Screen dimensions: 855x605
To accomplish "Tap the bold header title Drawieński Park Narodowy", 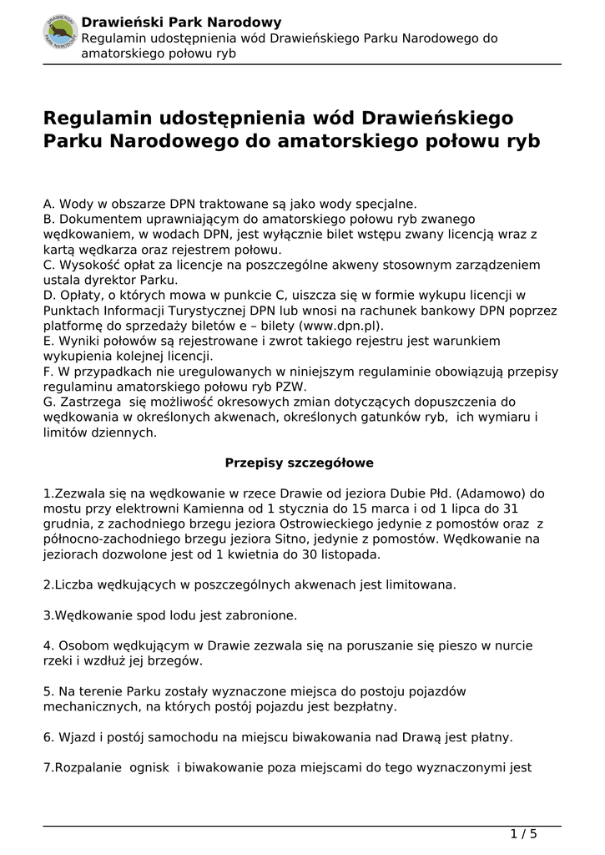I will point(181,23).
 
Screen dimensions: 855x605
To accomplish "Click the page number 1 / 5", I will point(523,833).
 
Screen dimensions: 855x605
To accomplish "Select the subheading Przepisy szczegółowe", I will point(300,462).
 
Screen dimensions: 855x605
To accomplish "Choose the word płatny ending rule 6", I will point(492,737).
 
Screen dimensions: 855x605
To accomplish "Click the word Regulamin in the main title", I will point(98,118).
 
